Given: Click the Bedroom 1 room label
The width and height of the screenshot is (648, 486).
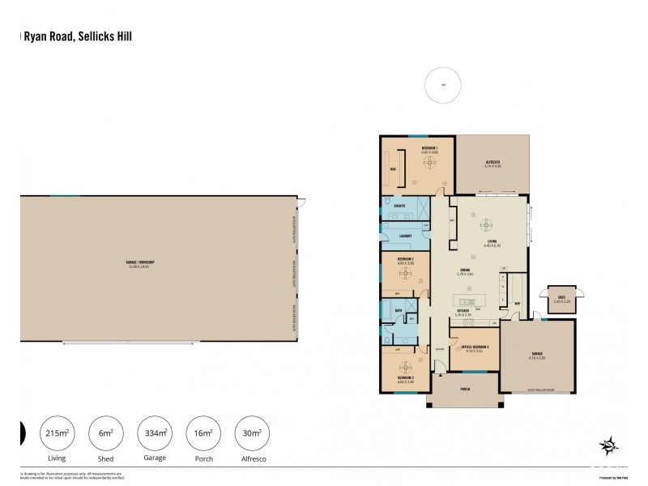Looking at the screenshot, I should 429,148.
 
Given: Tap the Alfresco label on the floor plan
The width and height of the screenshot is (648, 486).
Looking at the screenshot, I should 492,162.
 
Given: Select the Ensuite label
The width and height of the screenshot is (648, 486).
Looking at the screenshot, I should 399,206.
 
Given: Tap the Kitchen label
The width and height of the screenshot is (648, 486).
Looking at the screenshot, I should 464,309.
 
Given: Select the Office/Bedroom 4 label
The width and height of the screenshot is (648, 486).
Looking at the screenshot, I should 471,349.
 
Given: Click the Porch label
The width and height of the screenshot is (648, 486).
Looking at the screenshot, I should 465,388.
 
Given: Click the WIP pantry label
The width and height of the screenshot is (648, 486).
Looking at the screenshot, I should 517,305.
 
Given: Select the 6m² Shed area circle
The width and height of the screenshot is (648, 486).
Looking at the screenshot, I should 103,435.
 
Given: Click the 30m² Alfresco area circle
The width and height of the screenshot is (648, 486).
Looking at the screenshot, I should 249,435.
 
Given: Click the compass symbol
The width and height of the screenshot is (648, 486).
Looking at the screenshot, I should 607,445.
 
